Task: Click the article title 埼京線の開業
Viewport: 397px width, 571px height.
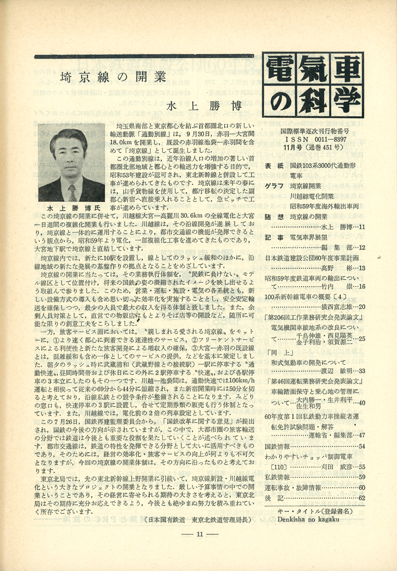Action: [113, 78]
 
